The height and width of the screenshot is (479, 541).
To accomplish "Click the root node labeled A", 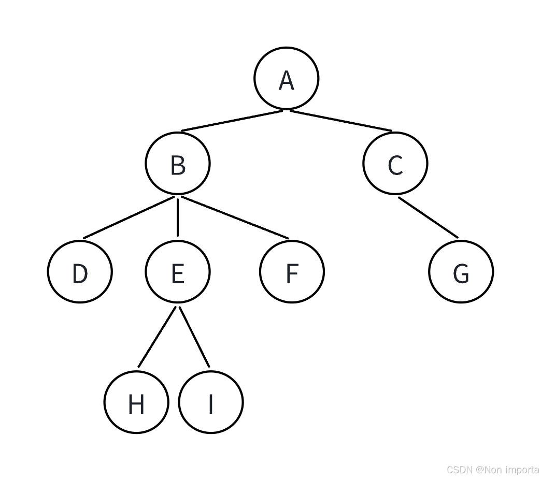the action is (286, 79).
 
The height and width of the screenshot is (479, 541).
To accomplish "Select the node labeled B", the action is (178, 164).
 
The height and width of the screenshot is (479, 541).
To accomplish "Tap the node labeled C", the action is (395, 164).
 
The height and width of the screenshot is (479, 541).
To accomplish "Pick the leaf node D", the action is (80, 272).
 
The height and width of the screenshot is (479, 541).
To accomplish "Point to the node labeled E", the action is (178, 272).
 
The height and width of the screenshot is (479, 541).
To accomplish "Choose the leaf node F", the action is (292, 272).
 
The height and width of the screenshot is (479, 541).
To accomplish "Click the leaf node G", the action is (461, 272).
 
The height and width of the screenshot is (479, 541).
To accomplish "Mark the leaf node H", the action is (136, 402).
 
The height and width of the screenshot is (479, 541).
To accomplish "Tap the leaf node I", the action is (210, 402).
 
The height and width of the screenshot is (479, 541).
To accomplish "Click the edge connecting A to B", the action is (232, 121).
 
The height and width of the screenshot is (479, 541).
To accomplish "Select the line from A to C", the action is (340, 121).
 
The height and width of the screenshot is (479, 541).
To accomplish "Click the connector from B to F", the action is (234, 217).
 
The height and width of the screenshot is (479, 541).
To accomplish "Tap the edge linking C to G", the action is (428, 217).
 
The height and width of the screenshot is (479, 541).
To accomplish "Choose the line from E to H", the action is (158, 337).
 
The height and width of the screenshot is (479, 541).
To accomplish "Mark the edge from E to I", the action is (194, 337).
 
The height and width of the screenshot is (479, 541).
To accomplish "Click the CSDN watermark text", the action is (492, 470).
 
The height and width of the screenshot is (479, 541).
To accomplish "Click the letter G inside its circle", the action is (461, 273).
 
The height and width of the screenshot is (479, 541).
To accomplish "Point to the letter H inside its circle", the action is (136, 404).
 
